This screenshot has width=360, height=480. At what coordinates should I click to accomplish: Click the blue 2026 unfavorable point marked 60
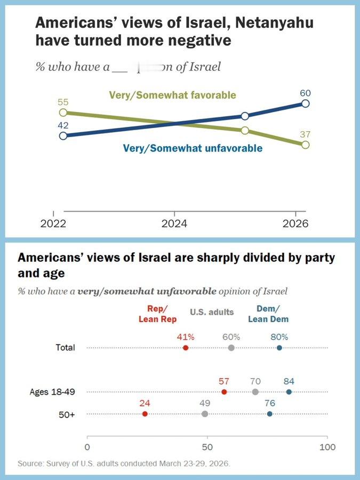(x=305, y=103)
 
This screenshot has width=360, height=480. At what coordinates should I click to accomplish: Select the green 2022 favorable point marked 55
(x=63, y=113)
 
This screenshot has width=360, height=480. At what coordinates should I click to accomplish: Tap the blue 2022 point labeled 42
(x=63, y=135)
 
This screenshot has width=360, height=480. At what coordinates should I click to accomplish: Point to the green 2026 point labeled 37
(x=305, y=145)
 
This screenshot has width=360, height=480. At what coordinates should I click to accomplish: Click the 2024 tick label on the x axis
(x=174, y=224)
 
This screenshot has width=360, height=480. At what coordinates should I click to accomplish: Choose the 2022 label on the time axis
(x=54, y=224)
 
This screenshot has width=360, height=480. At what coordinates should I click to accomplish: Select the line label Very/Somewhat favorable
(x=172, y=95)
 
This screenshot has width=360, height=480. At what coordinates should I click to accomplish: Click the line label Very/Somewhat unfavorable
(x=193, y=148)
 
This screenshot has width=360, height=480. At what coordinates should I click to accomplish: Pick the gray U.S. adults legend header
(x=212, y=312)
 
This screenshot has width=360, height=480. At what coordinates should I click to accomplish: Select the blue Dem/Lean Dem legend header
(x=268, y=314)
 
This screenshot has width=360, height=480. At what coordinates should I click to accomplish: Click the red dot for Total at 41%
(x=186, y=348)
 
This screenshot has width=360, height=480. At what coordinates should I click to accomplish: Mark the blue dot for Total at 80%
(x=279, y=348)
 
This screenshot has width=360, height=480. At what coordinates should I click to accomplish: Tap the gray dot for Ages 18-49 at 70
(x=255, y=392)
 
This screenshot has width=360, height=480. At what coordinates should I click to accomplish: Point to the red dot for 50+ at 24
(x=145, y=414)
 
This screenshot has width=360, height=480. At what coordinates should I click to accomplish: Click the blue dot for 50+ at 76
(x=269, y=414)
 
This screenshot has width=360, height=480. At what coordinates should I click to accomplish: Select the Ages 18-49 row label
(x=52, y=392)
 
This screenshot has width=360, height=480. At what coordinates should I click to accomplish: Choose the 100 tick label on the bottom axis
(x=327, y=446)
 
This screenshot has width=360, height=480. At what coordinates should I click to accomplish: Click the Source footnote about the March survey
(x=124, y=463)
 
